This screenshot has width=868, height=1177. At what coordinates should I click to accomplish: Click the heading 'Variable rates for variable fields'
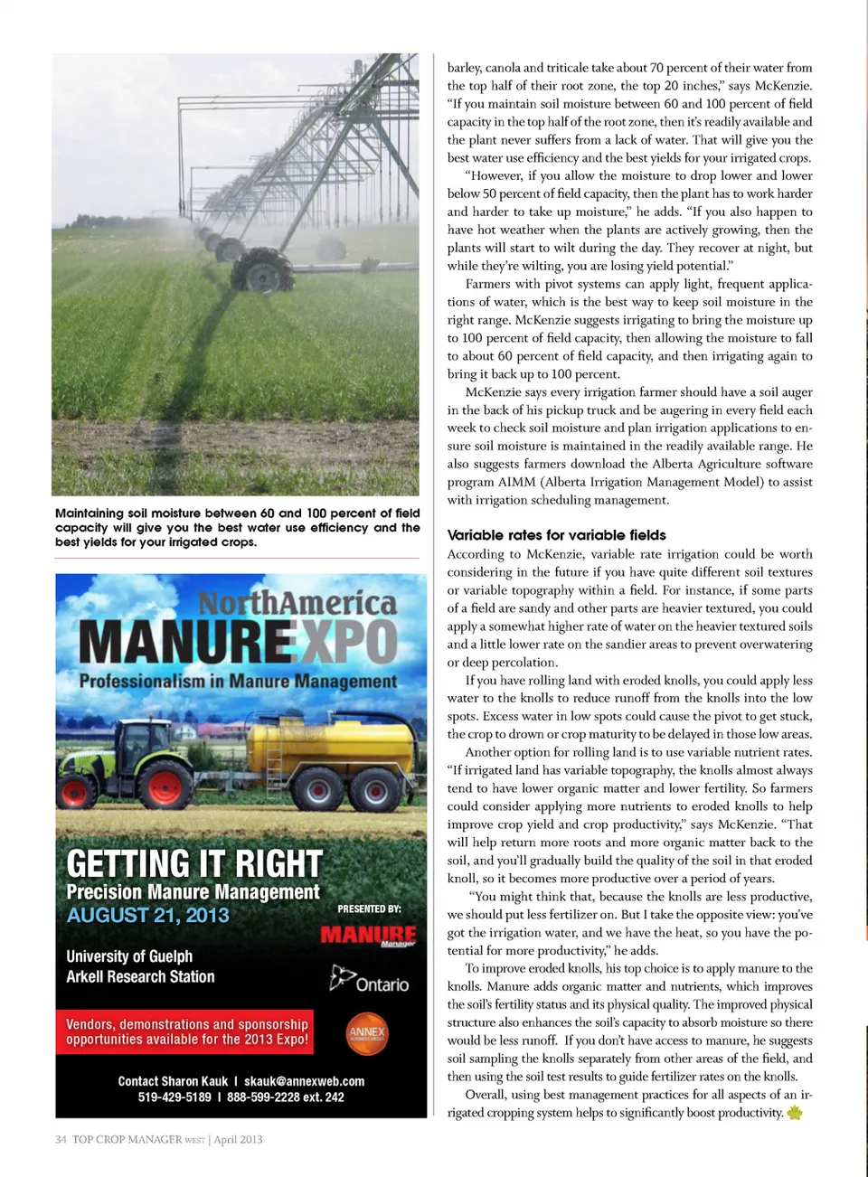[x=556, y=535]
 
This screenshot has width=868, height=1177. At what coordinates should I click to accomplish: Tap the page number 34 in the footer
[x=60, y=1139]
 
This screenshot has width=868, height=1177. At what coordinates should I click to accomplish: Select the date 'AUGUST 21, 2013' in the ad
[x=147, y=915]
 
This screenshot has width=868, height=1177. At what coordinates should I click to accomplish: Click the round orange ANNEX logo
[x=366, y=1032]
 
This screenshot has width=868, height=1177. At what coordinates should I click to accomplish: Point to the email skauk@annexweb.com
[x=304, y=1081]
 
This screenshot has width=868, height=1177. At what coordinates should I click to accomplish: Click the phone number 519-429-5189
[x=175, y=1097]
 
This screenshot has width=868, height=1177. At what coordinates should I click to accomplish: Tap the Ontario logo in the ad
[x=370, y=981]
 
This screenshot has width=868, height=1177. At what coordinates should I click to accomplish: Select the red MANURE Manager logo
[x=368, y=935]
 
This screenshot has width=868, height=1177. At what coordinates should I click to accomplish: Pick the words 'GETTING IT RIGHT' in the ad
[x=194, y=864]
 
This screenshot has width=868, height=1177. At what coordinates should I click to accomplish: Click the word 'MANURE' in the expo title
[x=186, y=642]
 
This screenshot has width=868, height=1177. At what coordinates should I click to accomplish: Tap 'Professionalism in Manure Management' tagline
[x=238, y=681]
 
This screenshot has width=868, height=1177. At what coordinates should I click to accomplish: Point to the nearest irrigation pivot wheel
[x=263, y=268]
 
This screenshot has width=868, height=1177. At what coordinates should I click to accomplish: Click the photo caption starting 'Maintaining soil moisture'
[x=237, y=527]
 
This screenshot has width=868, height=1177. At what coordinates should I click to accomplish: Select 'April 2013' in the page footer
[x=238, y=1139]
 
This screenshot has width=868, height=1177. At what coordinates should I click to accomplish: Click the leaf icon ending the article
[x=795, y=1113]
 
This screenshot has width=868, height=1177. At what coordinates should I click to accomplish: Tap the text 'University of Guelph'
[x=129, y=956]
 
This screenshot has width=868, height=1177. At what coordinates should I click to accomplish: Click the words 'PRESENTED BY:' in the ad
[x=369, y=909]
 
